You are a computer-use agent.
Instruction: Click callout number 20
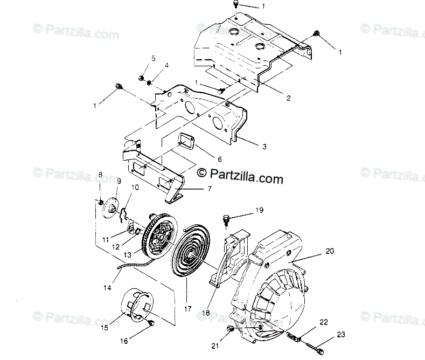[x=330, y=251]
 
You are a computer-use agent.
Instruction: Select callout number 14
[x=108, y=288]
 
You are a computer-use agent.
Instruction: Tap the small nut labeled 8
[x=101, y=202]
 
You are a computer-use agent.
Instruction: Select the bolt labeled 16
[x=151, y=323]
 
